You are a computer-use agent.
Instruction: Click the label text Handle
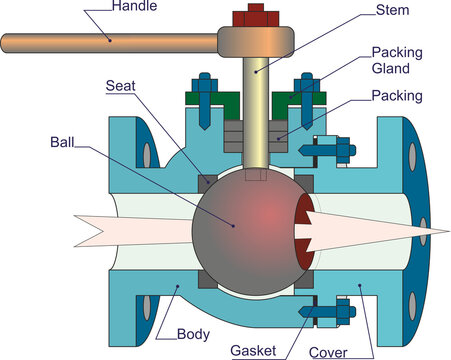coord(136,7)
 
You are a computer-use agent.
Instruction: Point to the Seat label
coord(122,85)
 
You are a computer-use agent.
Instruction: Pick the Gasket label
coord(254,350)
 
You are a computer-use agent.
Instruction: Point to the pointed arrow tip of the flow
coord(440,230)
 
